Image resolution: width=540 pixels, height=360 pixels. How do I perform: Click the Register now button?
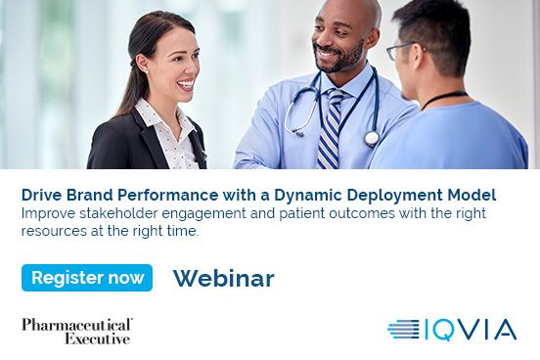87,278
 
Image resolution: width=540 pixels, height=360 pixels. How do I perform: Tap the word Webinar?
223,279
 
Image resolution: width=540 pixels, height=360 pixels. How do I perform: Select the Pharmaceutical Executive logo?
77,331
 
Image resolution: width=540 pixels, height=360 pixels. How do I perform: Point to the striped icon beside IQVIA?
403,330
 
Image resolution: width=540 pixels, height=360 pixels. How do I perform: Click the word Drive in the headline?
42,195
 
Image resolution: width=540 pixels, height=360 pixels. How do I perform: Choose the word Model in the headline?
470,195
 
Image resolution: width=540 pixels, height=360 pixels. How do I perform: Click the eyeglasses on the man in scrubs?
400,49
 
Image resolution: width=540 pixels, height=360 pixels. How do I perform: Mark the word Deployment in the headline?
387,195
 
